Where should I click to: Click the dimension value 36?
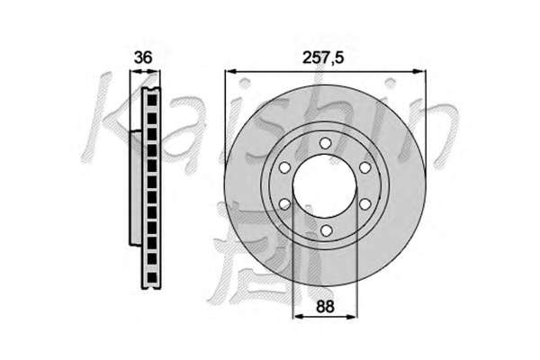tap(143, 58)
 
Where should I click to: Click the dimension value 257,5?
tap(323, 58)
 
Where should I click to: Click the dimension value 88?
tap(325, 306)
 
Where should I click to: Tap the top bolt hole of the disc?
tap(325, 143)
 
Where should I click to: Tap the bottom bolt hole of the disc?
tap(325, 230)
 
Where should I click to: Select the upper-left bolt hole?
tap(284, 167)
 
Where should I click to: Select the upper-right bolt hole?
tap(365, 167)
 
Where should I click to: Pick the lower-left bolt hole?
tap(284, 204)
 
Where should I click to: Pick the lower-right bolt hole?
tap(365, 204)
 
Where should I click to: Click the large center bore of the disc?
tap(325, 186)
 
